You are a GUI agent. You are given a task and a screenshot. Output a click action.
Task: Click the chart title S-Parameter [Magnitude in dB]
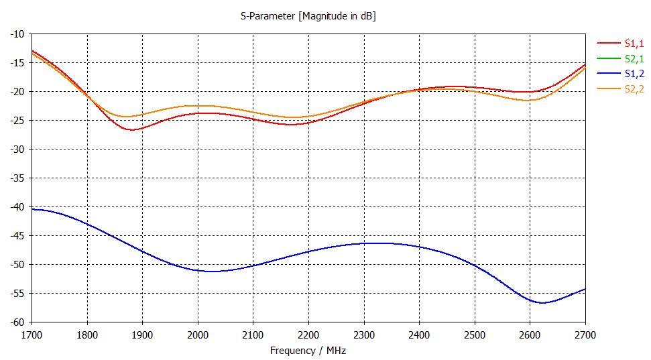coord(308,15)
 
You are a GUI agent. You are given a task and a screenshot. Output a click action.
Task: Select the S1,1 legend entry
coord(633,44)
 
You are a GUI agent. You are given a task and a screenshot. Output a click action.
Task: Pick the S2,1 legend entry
coord(633,59)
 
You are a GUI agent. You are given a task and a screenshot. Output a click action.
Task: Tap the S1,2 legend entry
coord(633,74)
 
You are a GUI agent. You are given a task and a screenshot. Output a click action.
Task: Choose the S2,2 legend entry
coord(633,89)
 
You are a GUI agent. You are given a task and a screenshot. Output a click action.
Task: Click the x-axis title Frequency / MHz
coord(308,351)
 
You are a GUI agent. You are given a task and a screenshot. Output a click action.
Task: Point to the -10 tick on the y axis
coord(17,34)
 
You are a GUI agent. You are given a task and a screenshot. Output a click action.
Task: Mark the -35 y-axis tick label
coord(17,178)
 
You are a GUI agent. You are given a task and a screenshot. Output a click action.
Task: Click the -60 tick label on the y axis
coord(17,322)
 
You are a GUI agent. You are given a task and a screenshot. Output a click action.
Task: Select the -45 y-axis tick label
coord(17,236)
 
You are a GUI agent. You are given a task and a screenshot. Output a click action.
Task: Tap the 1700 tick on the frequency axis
coord(32,335)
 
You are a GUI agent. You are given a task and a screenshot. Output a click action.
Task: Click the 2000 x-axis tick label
coord(198,335)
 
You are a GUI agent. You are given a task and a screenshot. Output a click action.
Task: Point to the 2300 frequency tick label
coord(364,335)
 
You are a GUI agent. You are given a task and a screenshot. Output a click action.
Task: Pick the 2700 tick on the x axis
coord(585,335)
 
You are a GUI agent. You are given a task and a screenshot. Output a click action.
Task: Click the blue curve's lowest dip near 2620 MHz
coord(542,303)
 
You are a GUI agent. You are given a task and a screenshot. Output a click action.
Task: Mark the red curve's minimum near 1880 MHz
coord(131,129)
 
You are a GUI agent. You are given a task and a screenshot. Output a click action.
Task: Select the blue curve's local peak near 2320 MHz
coord(375,243)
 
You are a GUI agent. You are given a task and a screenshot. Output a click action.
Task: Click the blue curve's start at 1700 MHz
coord(33,209)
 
